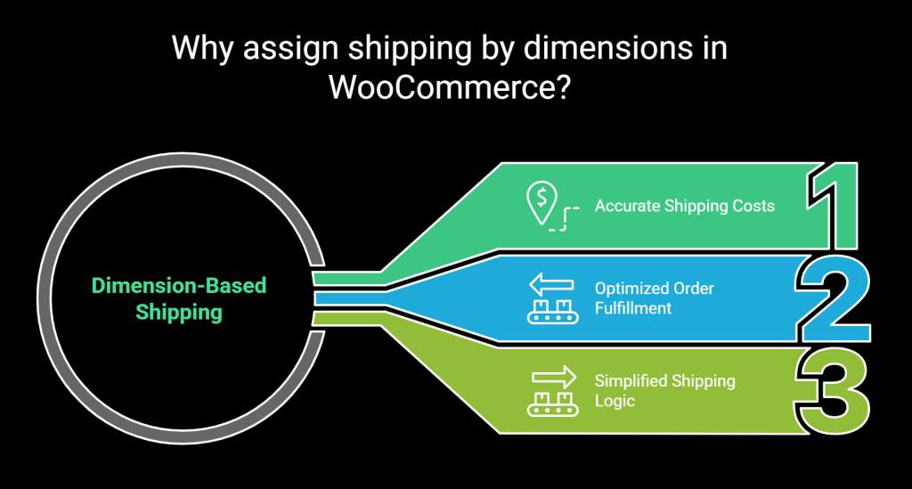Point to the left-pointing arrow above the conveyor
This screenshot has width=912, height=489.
552,285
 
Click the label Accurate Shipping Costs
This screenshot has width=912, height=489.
684,206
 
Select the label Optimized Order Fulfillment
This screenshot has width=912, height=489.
655,298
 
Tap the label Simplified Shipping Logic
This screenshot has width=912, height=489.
664,390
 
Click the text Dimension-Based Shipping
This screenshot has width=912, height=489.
179,299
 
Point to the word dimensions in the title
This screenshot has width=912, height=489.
607,48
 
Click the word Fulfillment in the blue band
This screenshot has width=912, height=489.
633,308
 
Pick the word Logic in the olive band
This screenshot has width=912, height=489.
615,401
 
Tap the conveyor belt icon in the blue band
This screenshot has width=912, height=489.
552,310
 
